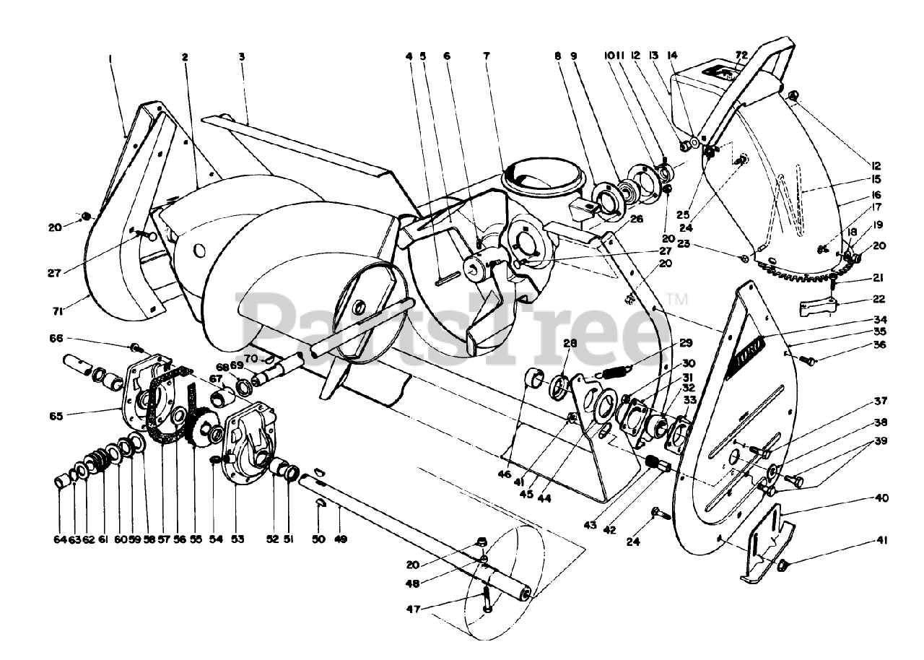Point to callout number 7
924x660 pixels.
pyautogui.click(x=487, y=56)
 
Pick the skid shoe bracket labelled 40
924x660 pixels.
pyautogui.click(x=767, y=542)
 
